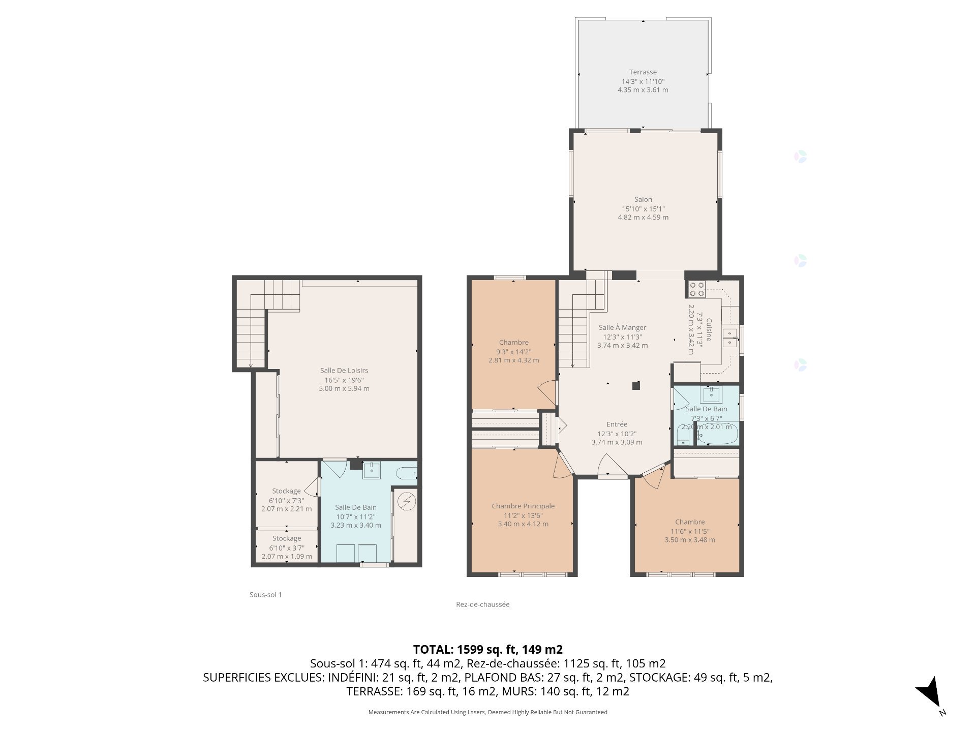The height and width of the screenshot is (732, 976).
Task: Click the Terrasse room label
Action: [x=643, y=72]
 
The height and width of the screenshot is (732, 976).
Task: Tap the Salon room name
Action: [x=643, y=200]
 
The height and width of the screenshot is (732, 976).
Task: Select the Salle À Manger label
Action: [x=622, y=328]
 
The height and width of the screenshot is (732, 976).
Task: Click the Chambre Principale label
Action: [x=523, y=506]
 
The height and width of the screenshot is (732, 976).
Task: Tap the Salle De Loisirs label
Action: [x=344, y=371]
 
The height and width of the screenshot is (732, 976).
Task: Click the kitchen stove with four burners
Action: [x=696, y=289]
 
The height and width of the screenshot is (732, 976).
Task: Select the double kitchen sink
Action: [x=730, y=338]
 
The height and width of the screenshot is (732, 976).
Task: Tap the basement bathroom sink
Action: [x=372, y=471]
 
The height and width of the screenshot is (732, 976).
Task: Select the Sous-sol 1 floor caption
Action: [x=265, y=594]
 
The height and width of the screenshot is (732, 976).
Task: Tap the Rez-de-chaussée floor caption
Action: [x=483, y=604]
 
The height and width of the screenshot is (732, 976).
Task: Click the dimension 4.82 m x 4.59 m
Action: [x=643, y=218]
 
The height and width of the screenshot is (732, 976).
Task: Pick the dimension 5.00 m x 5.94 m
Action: [x=344, y=389]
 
